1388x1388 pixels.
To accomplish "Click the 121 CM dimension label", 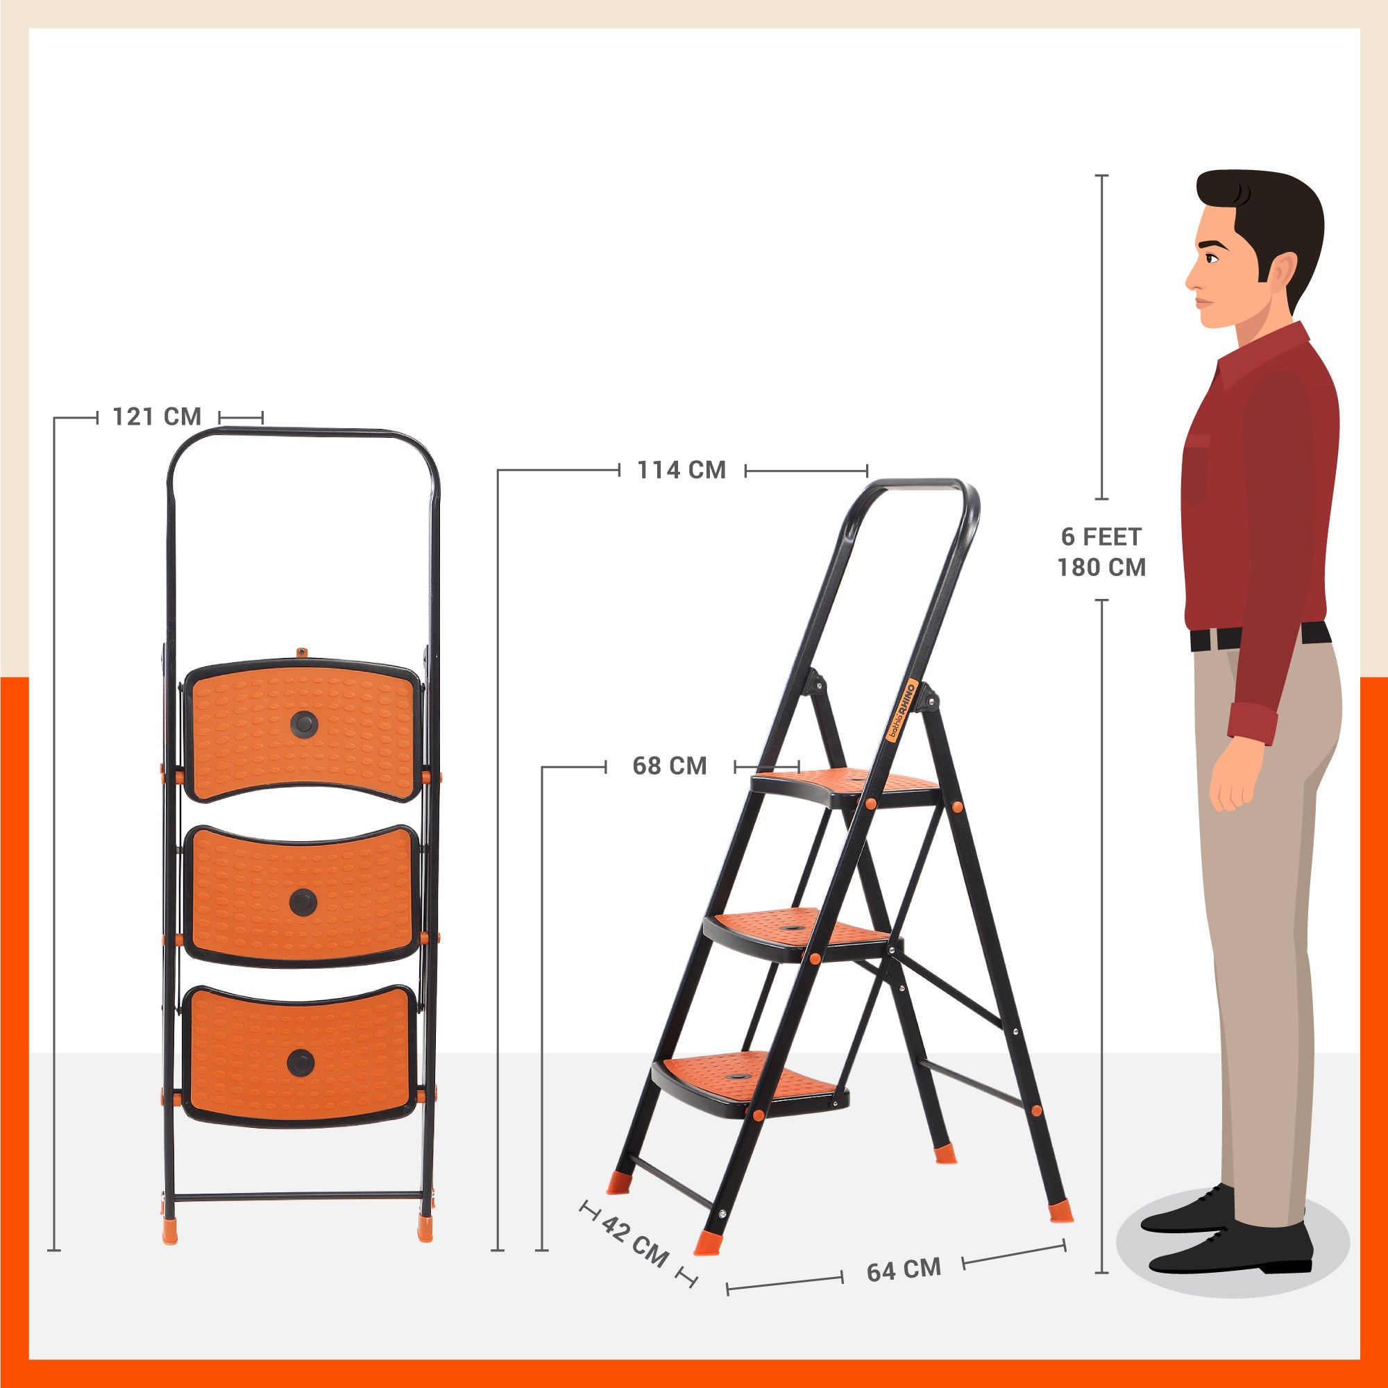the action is coord(157,416).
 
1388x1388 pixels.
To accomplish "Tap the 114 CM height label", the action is coord(682,470).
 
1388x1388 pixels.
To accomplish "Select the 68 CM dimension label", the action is coord(670,766).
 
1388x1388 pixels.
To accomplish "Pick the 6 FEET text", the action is coord(1101,536).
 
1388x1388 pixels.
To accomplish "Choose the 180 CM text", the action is coord(1101,568).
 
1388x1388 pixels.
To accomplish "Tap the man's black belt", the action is coord(1260,636).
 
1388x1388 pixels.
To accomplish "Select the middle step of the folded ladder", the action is coord(301,895).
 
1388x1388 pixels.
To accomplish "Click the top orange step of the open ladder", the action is coord(845,787).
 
